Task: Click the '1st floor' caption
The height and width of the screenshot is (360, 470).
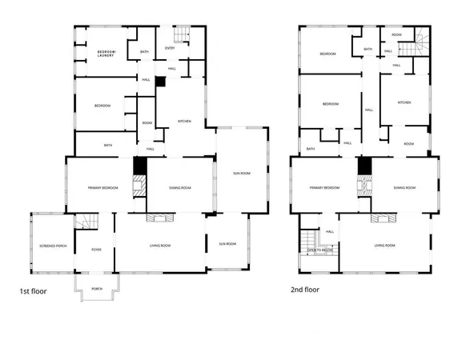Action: [x=33, y=291]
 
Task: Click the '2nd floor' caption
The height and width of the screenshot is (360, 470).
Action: [x=306, y=291]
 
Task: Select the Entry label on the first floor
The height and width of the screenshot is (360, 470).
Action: [x=170, y=48]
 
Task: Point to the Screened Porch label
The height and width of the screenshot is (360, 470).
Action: [x=52, y=246]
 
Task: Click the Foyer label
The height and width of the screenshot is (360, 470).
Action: [x=96, y=250]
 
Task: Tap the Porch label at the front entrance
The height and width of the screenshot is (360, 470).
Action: [x=96, y=289]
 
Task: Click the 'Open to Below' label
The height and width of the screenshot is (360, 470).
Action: [x=320, y=250]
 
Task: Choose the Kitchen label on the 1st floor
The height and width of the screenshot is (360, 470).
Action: [x=184, y=121]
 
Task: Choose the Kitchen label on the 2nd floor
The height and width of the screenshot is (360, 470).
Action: [x=404, y=102]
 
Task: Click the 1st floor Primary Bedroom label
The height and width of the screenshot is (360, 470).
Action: [x=104, y=187]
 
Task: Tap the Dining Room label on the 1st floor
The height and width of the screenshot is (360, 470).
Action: [x=180, y=187]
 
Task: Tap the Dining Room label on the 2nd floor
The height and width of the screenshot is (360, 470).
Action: [x=404, y=187]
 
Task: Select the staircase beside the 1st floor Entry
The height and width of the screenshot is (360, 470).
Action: [x=182, y=34]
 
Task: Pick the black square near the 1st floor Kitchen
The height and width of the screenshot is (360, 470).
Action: [x=159, y=82]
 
